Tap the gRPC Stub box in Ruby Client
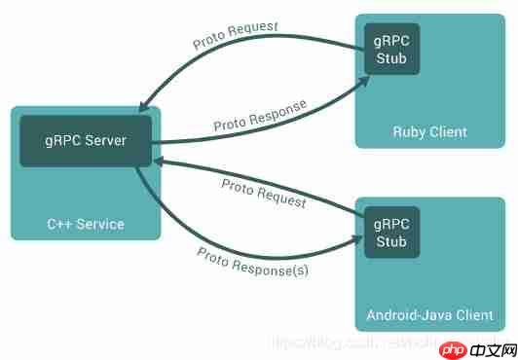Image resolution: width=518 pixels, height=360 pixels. click(x=391, y=48)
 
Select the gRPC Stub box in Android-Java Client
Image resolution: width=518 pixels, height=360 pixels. click(x=391, y=232)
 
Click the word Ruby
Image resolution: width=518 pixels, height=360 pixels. click(x=409, y=131)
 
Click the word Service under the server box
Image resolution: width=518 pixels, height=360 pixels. click(x=102, y=224)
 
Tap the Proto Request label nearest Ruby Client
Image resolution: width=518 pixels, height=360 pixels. click(x=235, y=32)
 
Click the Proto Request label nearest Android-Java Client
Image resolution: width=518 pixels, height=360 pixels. click(x=263, y=193)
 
